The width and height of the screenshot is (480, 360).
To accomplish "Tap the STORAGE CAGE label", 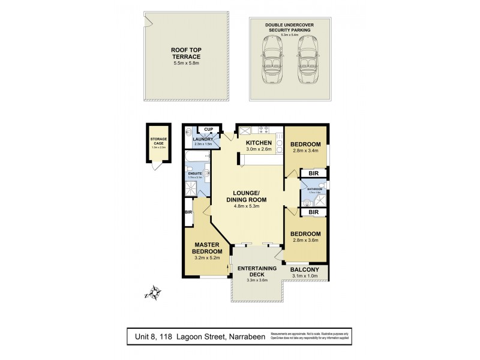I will pyautogui.click(x=158, y=141).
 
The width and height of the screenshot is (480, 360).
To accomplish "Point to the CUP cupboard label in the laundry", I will pyautogui.click(x=209, y=129).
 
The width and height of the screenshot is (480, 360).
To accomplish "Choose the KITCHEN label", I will pyautogui.click(x=259, y=143).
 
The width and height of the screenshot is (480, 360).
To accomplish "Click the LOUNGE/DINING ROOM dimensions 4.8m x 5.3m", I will pyautogui.click(x=247, y=206).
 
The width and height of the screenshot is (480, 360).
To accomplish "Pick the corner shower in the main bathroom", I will pyautogui.click(x=319, y=200).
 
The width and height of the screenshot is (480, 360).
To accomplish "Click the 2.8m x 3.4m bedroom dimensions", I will pyautogui.click(x=305, y=151).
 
